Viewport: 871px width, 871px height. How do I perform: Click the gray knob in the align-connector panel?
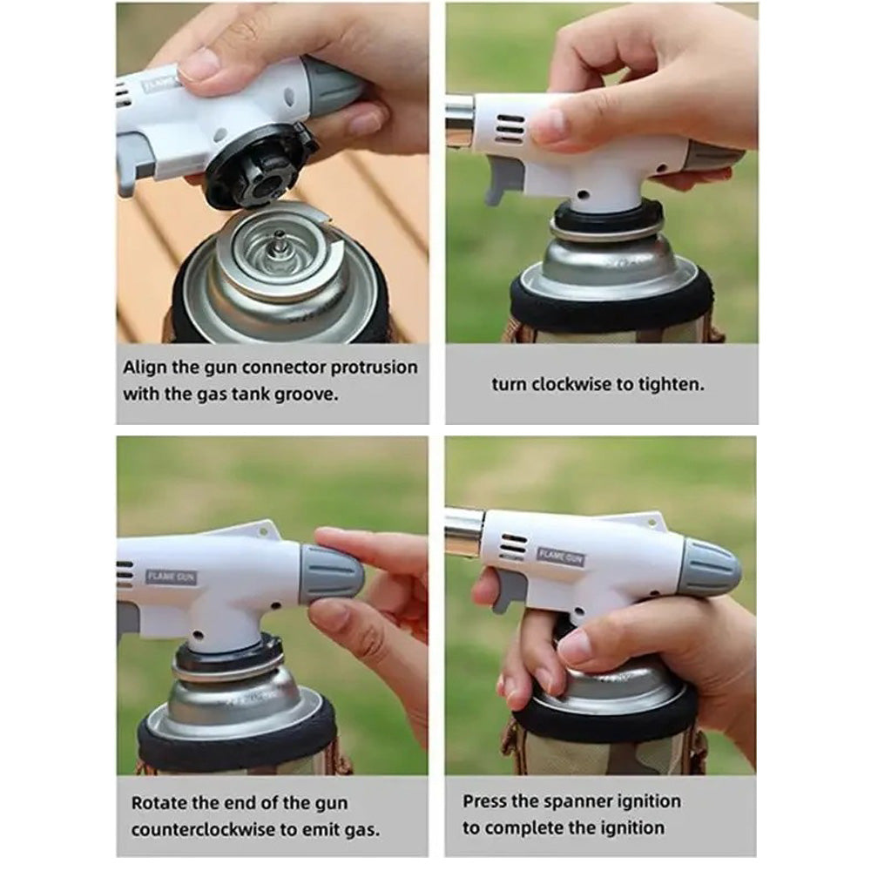331,87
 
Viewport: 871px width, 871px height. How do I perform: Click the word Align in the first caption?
145,367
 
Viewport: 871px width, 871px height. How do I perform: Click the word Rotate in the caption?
158,802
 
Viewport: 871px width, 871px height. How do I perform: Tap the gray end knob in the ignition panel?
710,568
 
